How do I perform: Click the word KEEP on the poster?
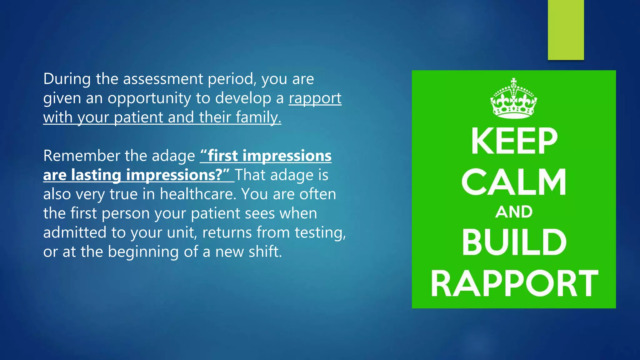pyautogui.click(x=514, y=141)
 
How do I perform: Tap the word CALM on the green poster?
pyautogui.click(x=514, y=182)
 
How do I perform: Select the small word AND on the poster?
pyautogui.click(x=514, y=212)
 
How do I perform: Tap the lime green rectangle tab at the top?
pyautogui.click(x=566, y=30)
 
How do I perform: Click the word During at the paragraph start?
pyautogui.click(x=67, y=79)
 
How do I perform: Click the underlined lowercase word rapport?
pyautogui.click(x=315, y=99)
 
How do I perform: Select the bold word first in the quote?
pyautogui.click(x=222, y=156)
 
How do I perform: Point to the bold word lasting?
pyautogui.click(x=96, y=175)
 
